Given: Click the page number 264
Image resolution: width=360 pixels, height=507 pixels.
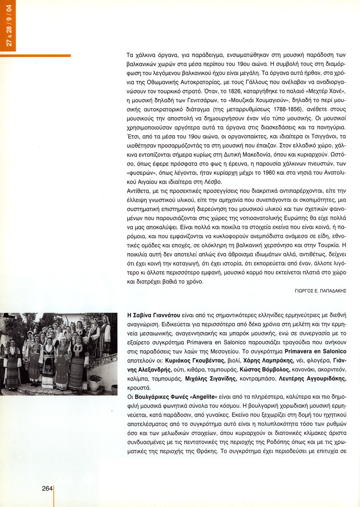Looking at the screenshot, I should pyautogui.click(x=46, y=488).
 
